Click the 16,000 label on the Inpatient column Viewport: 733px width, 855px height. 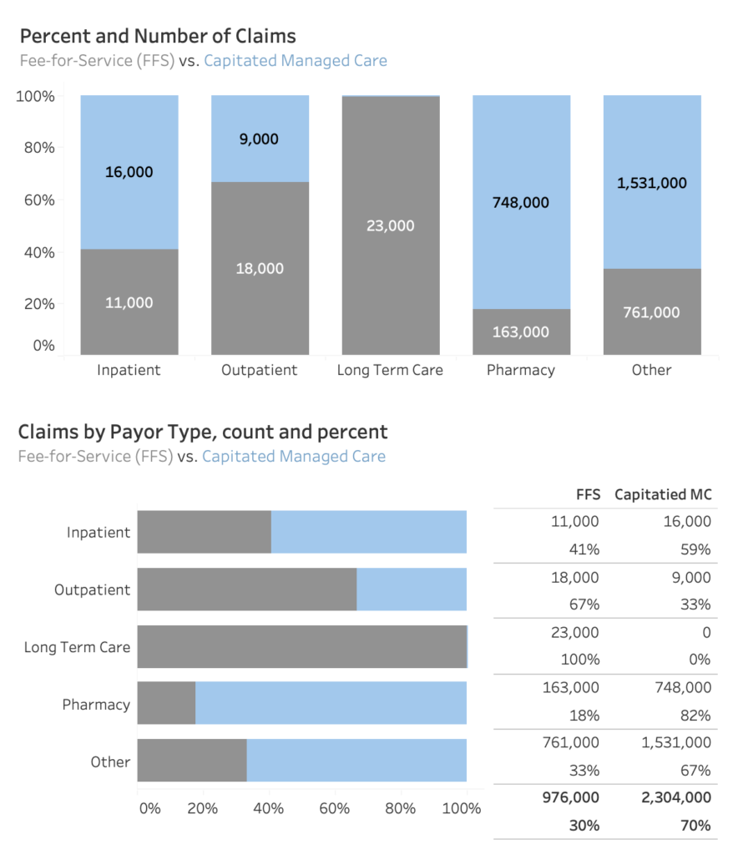click(x=129, y=172)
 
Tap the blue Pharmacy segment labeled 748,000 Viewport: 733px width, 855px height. click(x=521, y=202)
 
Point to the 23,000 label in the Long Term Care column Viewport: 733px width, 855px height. click(x=390, y=225)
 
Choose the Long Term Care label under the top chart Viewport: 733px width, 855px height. click(x=390, y=370)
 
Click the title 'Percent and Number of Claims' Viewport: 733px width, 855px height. click(x=158, y=36)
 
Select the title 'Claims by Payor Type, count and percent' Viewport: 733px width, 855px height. click(x=203, y=432)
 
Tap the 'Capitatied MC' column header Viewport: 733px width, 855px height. click(x=663, y=494)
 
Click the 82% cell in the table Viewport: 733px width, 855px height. click(x=695, y=715)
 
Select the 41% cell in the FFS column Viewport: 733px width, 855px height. click(x=584, y=549)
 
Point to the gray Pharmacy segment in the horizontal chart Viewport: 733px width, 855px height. click(x=166, y=703)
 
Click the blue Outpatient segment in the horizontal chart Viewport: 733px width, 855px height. click(x=412, y=589)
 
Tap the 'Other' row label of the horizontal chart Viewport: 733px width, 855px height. click(x=110, y=761)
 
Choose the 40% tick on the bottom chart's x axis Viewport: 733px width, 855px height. click(x=269, y=808)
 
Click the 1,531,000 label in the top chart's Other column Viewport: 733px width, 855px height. click(x=652, y=183)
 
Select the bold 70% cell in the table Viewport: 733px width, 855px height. click(x=695, y=826)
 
